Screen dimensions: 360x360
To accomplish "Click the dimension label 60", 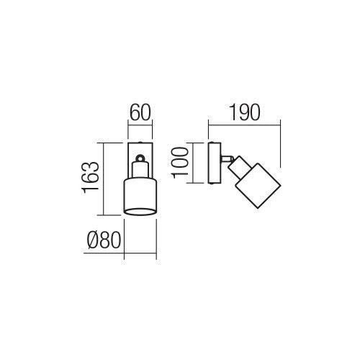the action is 140,112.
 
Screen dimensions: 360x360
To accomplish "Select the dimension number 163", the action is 91,177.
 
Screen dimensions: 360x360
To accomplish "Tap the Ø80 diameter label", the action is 104,240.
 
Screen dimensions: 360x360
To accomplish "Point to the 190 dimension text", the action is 245,112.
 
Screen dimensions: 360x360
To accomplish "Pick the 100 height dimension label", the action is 180,163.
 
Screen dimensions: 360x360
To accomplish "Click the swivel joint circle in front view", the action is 140,158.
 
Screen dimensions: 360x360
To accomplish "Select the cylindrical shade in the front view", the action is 140,197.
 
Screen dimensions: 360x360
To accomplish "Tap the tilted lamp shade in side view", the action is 258,186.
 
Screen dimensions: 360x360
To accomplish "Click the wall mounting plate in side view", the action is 215,163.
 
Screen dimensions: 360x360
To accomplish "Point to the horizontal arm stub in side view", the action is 227,158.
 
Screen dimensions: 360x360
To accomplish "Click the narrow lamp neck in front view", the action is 140,170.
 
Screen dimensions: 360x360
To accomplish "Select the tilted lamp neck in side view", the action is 239,168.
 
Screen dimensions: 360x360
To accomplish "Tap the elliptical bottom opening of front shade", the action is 140,212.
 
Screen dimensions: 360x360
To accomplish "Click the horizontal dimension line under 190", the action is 245,125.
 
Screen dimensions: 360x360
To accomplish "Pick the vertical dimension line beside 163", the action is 104,179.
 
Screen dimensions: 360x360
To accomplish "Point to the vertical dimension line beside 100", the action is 194,163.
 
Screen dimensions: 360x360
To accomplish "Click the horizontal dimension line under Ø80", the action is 120,253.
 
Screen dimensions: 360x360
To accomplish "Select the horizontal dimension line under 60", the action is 140,125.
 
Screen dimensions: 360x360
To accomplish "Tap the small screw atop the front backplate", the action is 140,142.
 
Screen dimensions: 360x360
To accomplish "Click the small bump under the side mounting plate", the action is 212,184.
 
